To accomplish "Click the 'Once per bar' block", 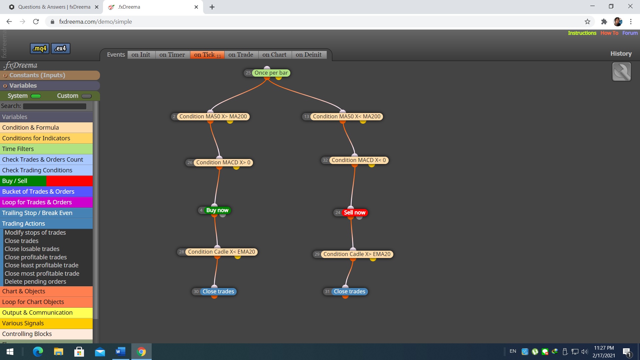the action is click(x=271, y=73).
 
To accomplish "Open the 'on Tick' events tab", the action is click(x=207, y=55).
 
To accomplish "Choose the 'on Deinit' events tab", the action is click(x=309, y=55).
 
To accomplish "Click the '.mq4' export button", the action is click(x=40, y=48).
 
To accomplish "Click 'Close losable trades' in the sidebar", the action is click(x=32, y=249).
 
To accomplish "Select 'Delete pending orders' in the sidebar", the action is click(x=35, y=281).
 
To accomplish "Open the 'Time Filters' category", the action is click(x=46, y=149).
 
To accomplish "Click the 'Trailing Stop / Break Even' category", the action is click(x=46, y=213).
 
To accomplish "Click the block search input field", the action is click(x=55, y=106).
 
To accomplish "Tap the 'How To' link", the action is click(x=609, y=33).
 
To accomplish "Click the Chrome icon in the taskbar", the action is click(x=141, y=352).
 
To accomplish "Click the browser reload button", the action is click(x=36, y=22).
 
